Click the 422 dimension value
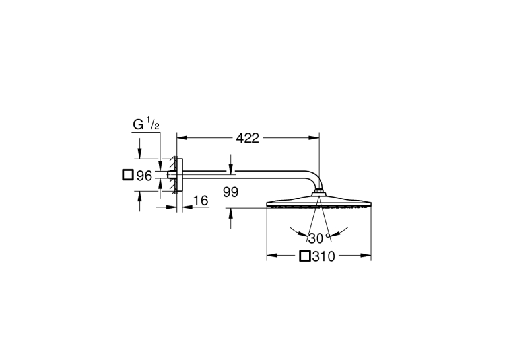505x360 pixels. (x=248, y=138)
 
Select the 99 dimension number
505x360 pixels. (x=230, y=192)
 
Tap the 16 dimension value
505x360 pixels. (x=201, y=200)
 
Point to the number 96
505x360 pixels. (x=144, y=176)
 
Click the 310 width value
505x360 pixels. (x=323, y=256)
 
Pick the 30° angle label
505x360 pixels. (x=319, y=238)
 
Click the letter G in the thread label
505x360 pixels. (x=138, y=125)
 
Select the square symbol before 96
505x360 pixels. (x=128, y=175)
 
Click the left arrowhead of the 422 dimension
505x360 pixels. (x=182, y=138)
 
